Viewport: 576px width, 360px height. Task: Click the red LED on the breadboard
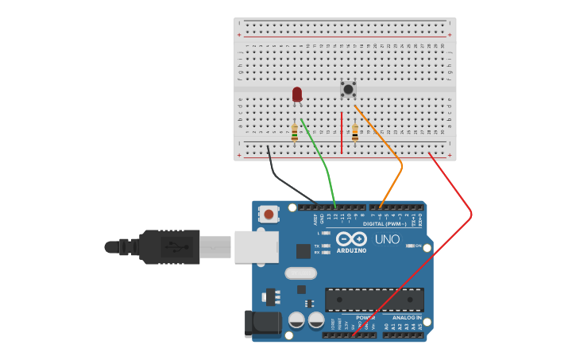(297, 94)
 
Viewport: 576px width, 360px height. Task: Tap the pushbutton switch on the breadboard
(348, 89)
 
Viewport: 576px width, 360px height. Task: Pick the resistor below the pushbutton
(355, 132)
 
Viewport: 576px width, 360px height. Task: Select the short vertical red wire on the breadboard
(342, 133)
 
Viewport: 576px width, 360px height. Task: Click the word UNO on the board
(387, 239)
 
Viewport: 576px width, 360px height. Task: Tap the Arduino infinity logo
(350, 239)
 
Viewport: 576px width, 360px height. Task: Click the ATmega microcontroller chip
(373, 300)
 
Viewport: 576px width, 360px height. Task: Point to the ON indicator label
(417, 246)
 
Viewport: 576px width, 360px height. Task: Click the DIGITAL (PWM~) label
(385, 224)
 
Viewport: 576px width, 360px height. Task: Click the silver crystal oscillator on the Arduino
(300, 273)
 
